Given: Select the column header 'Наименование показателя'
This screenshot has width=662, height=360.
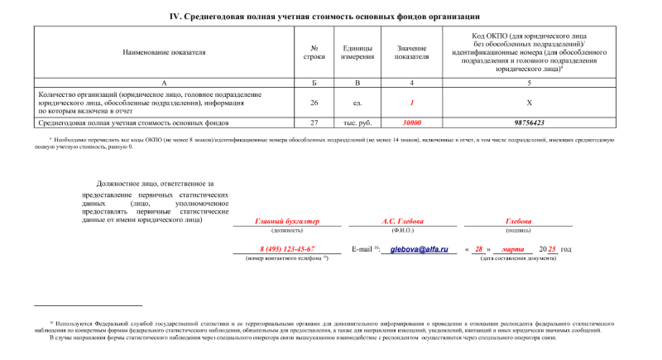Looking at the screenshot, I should [164, 52].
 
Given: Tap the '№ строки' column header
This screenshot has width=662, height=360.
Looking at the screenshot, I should [314, 52].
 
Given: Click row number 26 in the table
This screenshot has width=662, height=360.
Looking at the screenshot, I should [314, 103].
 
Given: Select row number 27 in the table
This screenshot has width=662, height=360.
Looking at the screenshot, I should [314, 122].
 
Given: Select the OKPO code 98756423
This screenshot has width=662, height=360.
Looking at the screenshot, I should [529, 122].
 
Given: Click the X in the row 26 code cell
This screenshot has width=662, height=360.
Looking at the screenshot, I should [529, 103].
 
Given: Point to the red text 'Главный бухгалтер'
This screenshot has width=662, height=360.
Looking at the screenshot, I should [287, 222].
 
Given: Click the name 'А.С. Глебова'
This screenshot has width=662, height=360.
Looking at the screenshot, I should [402, 222].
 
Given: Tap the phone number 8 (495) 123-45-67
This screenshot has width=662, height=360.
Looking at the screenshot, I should [287, 249].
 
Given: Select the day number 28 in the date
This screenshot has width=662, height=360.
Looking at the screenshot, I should [478, 249].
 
